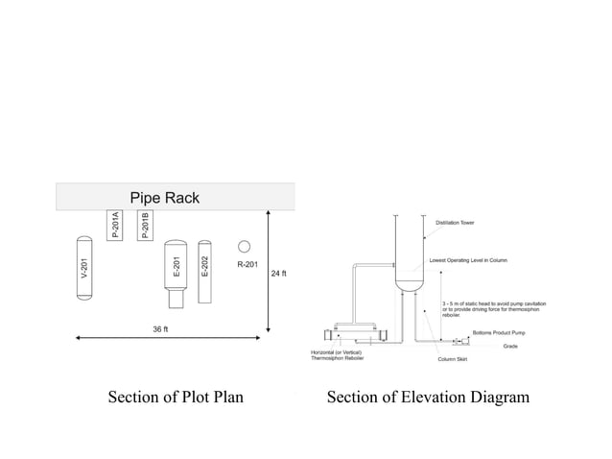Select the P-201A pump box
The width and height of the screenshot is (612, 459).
(x=115, y=225)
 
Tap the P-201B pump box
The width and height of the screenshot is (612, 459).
(x=146, y=225)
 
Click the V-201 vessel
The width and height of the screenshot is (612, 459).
(x=83, y=268)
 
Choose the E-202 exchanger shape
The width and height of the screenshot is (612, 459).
(x=204, y=272)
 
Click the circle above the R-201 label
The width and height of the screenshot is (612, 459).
(x=245, y=246)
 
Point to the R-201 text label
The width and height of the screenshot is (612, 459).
(x=247, y=264)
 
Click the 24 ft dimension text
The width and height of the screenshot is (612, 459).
(x=278, y=274)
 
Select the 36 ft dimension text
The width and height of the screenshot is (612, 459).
(x=160, y=329)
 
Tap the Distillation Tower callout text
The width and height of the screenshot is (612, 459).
(x=455, y=223)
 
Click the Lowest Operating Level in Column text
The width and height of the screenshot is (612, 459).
(x=468, y=260)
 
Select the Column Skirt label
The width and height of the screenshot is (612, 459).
(x=453, y=359)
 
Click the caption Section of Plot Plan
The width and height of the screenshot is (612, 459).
(x=175, y=398)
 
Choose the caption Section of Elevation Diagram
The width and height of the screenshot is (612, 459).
(x=428, y=398)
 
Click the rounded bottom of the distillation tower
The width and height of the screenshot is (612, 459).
(x=410, y=285)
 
